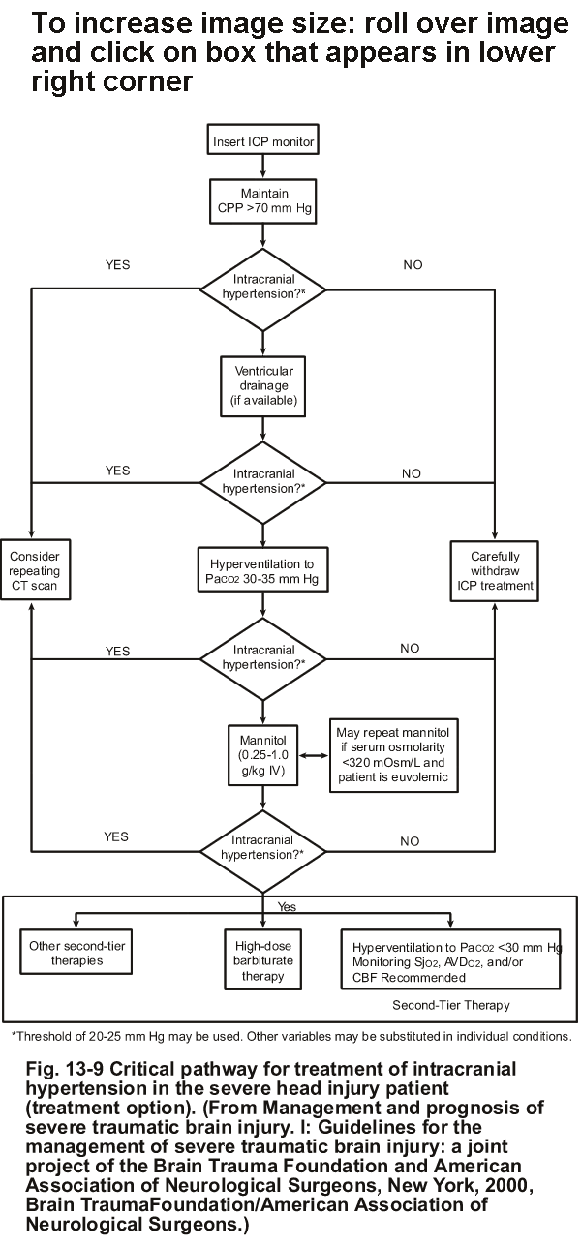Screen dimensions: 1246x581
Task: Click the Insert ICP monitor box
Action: pyautogui.click(x=263, y=142)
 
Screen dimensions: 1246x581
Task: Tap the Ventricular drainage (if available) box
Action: pyautogui.click(x=263, y=383)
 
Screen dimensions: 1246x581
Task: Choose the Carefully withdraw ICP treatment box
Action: pyautogui.click(x=494, y=571)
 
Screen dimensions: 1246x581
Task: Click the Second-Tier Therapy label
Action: pyautogui.click(x=451, y=1005)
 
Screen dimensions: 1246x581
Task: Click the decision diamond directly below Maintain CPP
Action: pyautogui.click(x=263, y=289)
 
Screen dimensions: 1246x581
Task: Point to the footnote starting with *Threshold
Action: pyautogui.click(x=290, y=1035)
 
